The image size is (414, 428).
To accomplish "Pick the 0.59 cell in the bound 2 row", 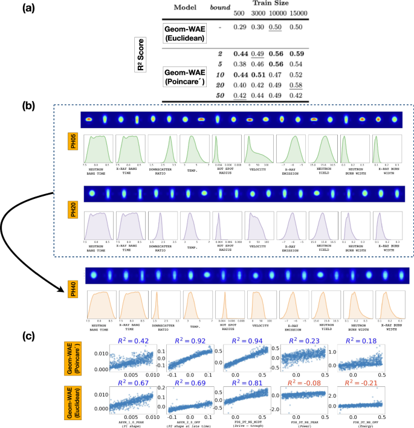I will [296, 53].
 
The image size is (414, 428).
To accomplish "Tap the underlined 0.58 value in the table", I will [296, 85].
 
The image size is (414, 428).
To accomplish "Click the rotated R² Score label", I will [143, 60].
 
